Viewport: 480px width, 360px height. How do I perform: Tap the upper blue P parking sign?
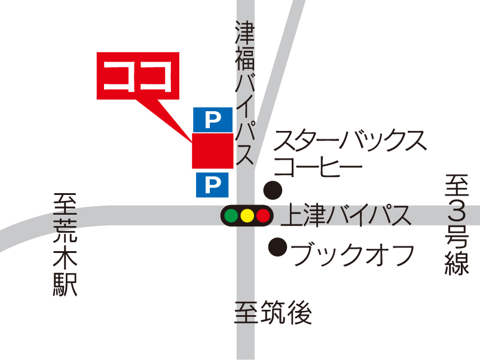click(x=212, y=120)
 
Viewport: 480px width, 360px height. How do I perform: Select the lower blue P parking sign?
click(x=212, y=185)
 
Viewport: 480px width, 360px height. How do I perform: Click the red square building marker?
click(x=212, y=151)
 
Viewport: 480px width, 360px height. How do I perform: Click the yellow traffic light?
click(x=247, y=215)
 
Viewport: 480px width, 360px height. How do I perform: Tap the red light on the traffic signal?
click(x=262, y=215)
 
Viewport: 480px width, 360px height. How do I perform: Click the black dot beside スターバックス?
click(x=273, y=190)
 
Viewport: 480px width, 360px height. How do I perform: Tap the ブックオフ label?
click(x=353, y=254)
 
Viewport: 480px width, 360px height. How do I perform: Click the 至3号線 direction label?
click(x=457, y=225)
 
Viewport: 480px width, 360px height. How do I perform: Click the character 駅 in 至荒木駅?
click(x=65, y=284)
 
